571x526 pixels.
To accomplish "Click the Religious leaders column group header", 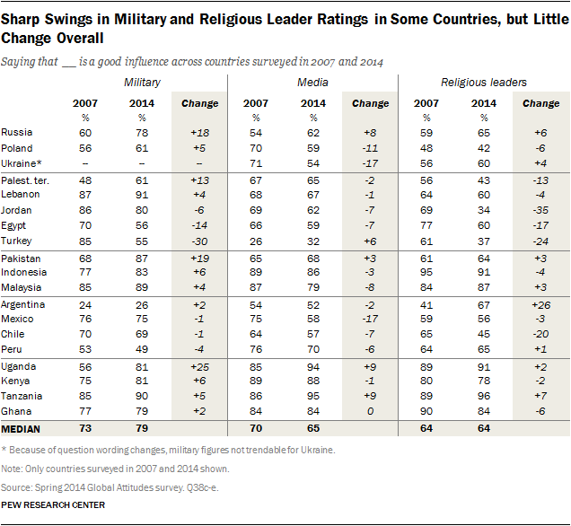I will tap(483, 83).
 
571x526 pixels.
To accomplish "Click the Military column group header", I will tap(142, 83).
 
